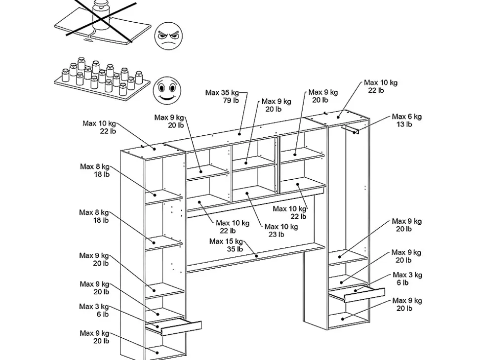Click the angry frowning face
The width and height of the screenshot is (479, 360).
[169, 36]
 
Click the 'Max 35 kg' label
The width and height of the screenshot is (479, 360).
[222, 93]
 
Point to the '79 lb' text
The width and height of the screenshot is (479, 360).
[230, 100]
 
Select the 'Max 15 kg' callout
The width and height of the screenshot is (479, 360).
[226, 241]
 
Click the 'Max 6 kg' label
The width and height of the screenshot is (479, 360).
[406, 117]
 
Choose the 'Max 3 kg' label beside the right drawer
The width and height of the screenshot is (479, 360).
[407, 275]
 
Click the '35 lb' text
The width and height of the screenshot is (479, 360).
[235, 249]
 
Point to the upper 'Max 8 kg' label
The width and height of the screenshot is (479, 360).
[94, 167]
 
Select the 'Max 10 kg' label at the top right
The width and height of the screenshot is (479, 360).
[380, 83]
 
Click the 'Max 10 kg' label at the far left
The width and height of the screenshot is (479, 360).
[99, 123]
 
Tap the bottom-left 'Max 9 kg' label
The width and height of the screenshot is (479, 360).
[94, 333]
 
